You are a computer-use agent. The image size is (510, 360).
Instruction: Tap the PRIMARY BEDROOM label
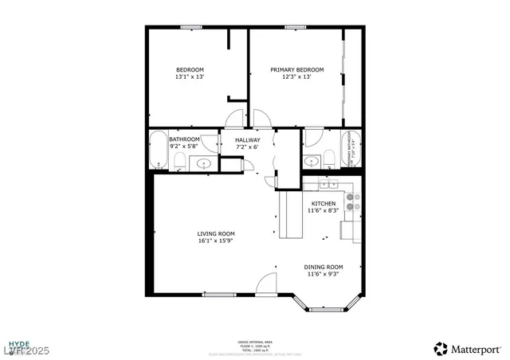coord(296,69)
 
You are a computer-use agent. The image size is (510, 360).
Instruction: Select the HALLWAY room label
coord(247,139)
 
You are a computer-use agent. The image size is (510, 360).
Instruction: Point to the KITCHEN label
coord(323,204)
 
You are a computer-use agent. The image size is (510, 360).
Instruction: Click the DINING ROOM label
coord(324,267)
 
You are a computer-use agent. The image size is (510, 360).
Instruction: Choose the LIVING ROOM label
coord(216,233)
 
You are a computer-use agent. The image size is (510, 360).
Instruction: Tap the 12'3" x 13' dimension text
coord(296,77)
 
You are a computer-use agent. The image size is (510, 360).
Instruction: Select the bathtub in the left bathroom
coord(158,149)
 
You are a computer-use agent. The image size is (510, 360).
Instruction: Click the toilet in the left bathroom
coord(179,163)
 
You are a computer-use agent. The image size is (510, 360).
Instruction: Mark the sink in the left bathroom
coord(204,163)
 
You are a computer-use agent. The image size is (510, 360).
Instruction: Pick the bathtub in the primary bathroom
coord(351,149)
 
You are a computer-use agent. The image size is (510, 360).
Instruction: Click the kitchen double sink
coord(328,185)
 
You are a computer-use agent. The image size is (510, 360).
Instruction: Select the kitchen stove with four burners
coord(351,201)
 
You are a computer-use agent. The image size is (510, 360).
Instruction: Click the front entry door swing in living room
coord(266,284)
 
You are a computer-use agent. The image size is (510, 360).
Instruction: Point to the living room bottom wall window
coord(215,295)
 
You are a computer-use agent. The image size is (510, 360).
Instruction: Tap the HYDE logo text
coord(21,340)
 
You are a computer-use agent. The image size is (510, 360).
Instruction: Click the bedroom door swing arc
coord(236,119)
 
